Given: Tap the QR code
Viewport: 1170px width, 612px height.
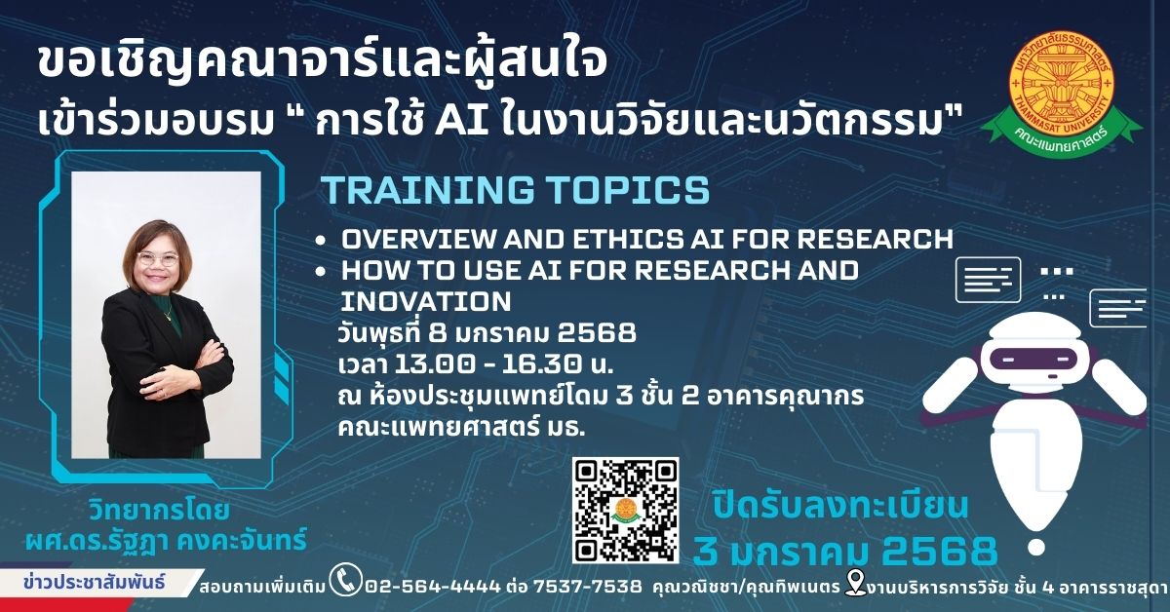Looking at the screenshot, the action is point(625,511).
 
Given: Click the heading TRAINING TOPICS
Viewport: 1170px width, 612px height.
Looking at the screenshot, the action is point(516,190).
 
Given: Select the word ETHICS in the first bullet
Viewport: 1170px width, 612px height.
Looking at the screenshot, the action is point(628,239).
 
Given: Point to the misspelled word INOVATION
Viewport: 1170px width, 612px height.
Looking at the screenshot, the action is point(426,301).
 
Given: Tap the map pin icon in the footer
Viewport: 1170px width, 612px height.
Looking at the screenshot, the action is point(855,582).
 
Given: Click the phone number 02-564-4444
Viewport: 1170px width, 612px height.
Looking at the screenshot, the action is point(433,587).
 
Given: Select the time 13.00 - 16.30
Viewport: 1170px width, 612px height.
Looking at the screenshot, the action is point(488,364).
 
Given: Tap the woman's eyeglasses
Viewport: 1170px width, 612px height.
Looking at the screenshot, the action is point(158,258).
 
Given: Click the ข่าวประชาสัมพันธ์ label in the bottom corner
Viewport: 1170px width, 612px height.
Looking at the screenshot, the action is point(94,582).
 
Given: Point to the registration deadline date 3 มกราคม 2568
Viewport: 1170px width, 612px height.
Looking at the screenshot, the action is point(844,551).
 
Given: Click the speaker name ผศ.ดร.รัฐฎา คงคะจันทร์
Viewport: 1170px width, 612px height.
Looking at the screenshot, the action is point(166,541).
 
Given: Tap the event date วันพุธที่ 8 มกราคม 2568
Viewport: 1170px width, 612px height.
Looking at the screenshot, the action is point(487,332).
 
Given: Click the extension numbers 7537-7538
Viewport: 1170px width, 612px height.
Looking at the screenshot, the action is point(588,587).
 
